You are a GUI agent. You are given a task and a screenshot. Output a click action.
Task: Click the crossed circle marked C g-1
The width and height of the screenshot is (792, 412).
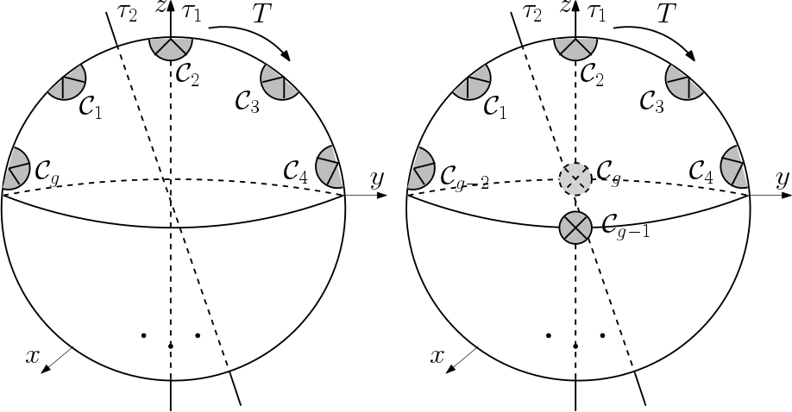pyautogui.click(x=575, y=228)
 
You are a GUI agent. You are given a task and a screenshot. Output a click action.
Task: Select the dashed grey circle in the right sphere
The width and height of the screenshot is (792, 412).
pyautogui.click(x=575, y=178)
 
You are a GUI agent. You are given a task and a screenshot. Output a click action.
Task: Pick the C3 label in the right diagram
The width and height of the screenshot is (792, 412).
pyautogui.click(x=652, y=100)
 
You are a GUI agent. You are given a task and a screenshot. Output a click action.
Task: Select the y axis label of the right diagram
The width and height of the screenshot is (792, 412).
pyautogui.click(x=782, y=180)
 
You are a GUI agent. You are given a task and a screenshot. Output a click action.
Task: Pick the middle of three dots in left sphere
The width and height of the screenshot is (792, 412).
pyautogui.click(x=171, y=346)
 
